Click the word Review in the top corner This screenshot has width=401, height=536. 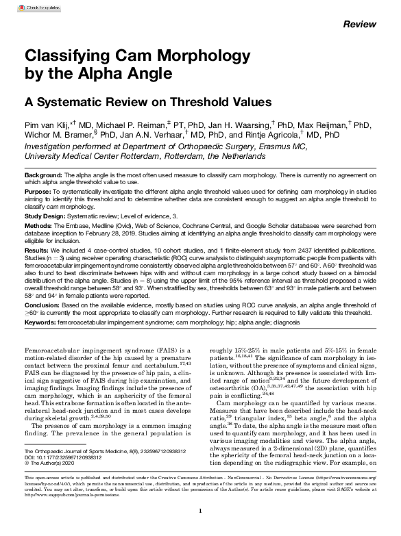pyautogui.click(x=359, y=24)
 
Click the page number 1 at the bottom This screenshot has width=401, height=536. pyautogui.click(x=199, y=511)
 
